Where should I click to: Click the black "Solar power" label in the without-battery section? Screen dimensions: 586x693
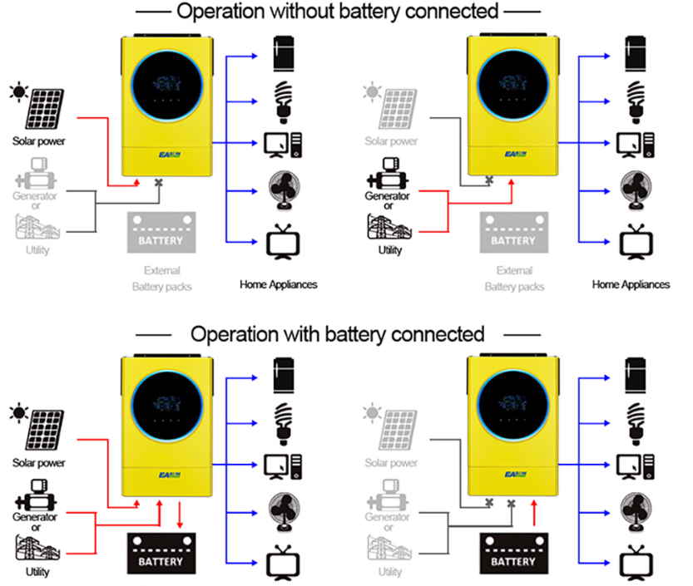tap(37, 140)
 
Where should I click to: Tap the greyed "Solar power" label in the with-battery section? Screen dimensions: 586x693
tap(390, 463)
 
